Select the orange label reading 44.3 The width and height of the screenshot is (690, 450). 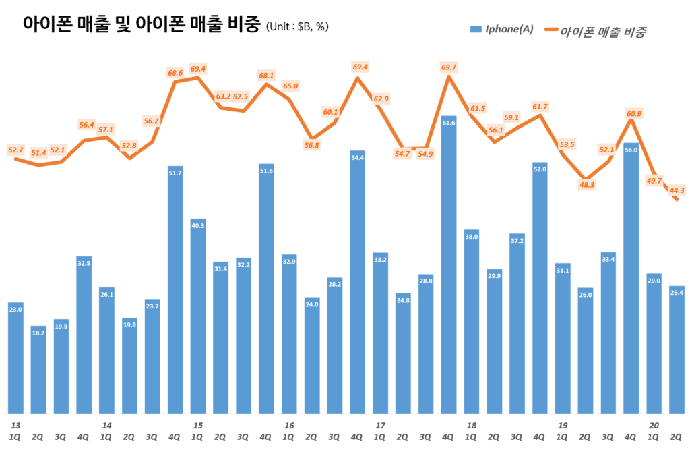(677, 190)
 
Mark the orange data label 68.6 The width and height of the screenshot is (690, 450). (175, 72)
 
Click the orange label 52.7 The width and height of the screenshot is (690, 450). (15, 150)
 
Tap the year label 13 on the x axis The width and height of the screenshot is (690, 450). (15, 425)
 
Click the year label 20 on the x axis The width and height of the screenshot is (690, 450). (653, 425)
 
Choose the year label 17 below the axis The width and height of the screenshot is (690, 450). (380, 425)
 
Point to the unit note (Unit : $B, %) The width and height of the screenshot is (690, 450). (298, 27)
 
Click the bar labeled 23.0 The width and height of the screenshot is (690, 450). (15, 358)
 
